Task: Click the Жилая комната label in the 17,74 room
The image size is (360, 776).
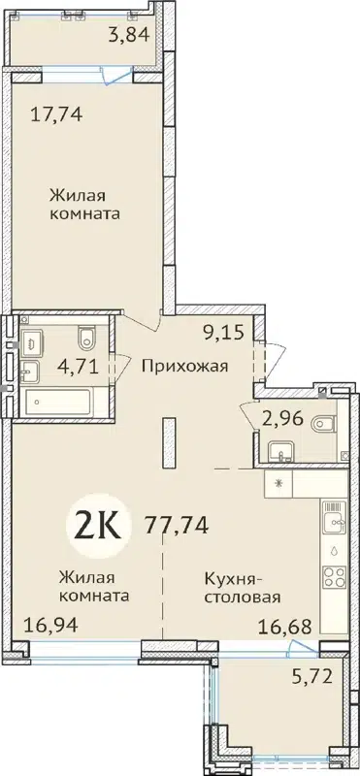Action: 84,204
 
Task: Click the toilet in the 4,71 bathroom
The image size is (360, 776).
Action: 87,337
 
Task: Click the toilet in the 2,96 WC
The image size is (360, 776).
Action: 327,420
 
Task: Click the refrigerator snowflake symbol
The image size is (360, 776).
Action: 279,482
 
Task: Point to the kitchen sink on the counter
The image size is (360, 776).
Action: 332,514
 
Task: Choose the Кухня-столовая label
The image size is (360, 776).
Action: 242,587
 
